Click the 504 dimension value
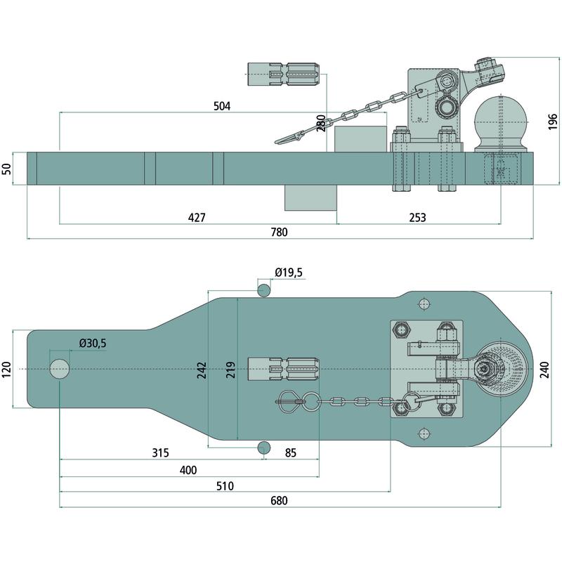coord(221,106)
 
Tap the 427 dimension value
coord(197,218)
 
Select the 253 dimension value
coord(417,218)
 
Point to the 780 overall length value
coord(279,233)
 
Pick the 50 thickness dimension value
coord(8,169)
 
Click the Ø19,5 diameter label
coord(288,273)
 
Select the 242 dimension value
coord(201,370)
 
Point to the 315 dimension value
coord(160,452)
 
